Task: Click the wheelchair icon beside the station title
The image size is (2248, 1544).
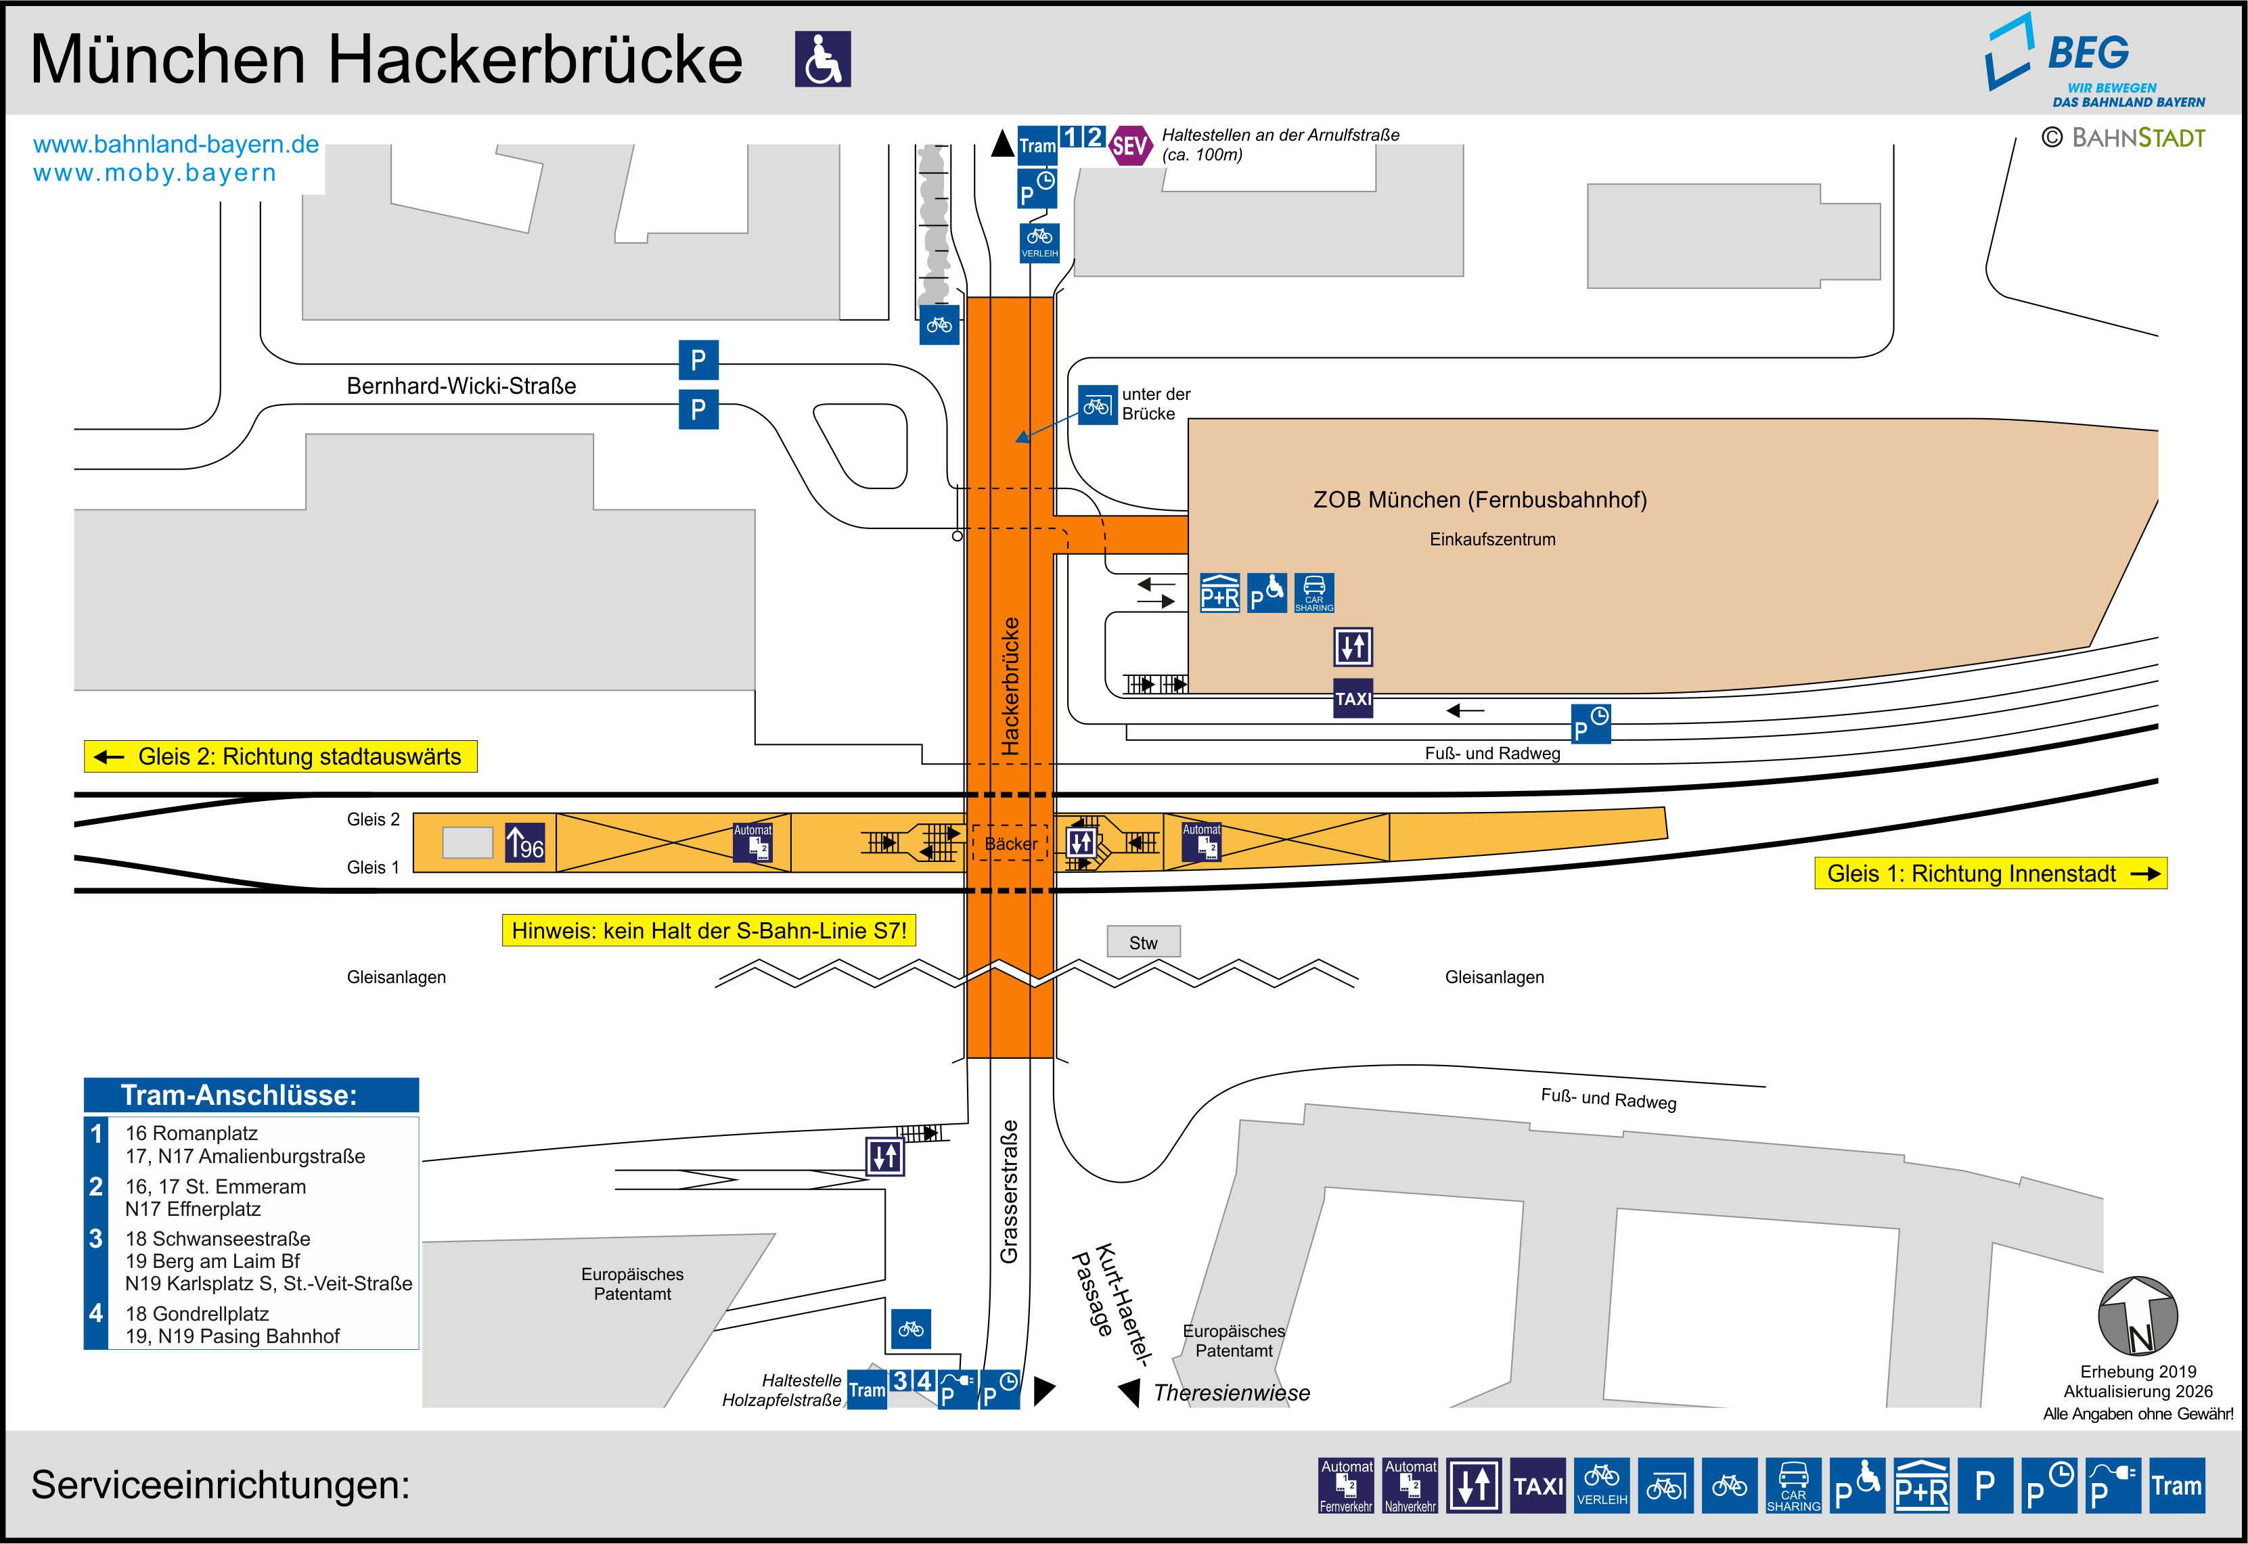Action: pos(822,59)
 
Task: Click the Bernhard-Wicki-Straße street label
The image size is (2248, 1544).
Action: pos(462,386)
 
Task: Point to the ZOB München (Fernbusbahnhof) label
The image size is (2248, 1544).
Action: pos(1479,500)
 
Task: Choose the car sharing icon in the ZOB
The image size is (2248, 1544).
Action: pos(1313,593)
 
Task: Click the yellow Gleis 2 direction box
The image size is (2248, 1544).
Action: pos(281,756)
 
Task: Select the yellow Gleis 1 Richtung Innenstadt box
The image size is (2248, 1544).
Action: pos(1990,873)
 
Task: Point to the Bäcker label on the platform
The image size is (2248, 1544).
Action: pos(1011,844)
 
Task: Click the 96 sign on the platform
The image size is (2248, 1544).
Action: pos(525,842)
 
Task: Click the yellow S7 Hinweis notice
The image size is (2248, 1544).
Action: pos(708,930)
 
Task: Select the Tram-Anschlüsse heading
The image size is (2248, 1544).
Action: pos(239,1095)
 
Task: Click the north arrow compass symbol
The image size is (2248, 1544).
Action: pos(2137,1317)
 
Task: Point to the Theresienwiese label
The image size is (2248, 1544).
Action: pos(1232,1393)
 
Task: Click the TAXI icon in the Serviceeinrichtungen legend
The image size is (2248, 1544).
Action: pos(1537,1485)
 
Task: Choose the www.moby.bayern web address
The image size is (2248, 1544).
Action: pos(155,173)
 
